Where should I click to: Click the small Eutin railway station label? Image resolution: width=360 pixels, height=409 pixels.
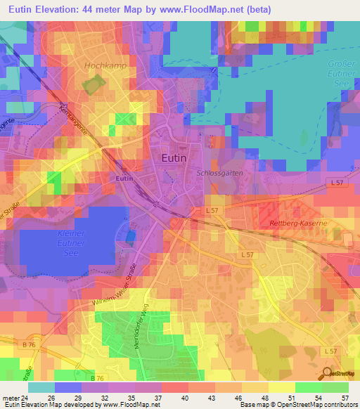click(x=124, y=178)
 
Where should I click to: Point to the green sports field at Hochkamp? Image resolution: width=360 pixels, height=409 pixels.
click(x=92, y=85)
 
